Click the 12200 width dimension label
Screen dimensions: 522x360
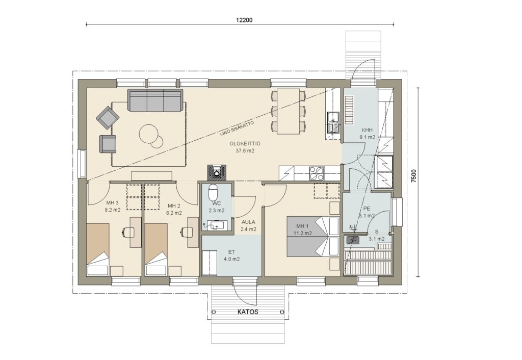(x=244, y=20)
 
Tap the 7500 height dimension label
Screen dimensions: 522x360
(x=413, y=176)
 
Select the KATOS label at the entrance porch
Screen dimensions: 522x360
(x=248, y=312)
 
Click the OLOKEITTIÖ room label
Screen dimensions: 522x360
(x=245, y=143)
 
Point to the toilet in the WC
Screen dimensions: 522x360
(x=213, y=192)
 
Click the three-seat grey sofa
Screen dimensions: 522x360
(x=155, y=100)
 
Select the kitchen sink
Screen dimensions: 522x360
(x=333, y=122)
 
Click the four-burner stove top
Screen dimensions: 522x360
(x=317, y=173)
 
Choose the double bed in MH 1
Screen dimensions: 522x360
(x=313, y=237)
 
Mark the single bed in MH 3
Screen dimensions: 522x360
(x=97, y=249)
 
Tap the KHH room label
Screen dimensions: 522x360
(x=367, y=130)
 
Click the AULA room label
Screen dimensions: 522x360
(x=248, y=222)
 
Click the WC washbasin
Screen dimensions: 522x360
(x=216, y=225)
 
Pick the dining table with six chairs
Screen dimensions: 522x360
(x=289, y=111)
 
